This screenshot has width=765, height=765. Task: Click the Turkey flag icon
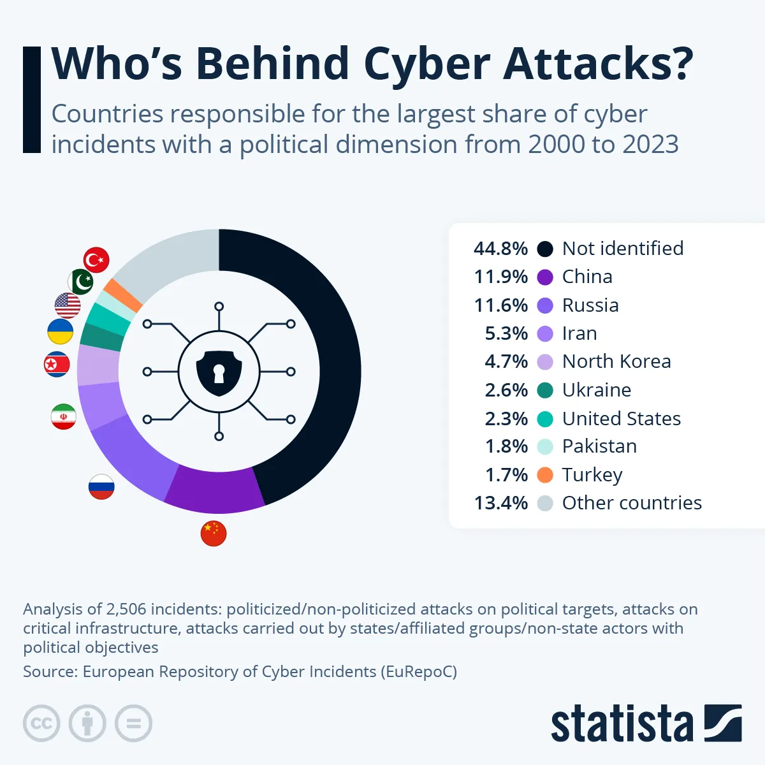click(x=96, y=260)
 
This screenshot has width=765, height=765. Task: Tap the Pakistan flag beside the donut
click(x=81, y=281)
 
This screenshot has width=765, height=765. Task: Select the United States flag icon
click(x=68, y=305)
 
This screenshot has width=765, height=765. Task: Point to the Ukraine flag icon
click(x=61, y=332)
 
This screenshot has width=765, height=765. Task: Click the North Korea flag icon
click(x=57, y=364)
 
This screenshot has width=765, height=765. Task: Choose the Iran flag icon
click(x=64, y=416)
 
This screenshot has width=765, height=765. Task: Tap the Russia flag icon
click(x=101, y=486)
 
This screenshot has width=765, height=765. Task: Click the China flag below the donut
click(x=214, y=534)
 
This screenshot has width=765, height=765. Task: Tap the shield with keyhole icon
click(x=219, y=372)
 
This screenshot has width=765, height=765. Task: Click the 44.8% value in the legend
click(x=500, y=249)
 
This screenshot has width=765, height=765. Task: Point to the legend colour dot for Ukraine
click(x=545, y=390)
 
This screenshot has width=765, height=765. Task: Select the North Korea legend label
click(x=616, y=361)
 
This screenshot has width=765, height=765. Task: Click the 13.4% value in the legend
click(x=500, y=503)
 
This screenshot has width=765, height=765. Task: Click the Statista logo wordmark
click(x=622, y=724)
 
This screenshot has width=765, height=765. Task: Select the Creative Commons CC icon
click(x=41, y=724)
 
